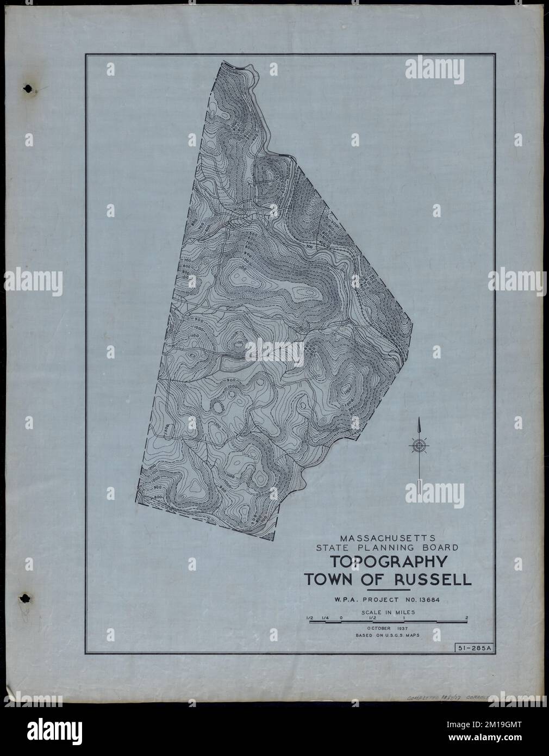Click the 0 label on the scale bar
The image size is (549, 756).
[x=341, y=617]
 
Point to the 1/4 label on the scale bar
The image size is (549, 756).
[x=326, y=617]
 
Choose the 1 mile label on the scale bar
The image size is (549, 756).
[x=404, y=617]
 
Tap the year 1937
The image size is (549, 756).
[x=402, y=628]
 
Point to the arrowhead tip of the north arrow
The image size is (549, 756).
[x=419, y=419]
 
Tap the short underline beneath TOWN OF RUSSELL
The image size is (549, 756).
[x=389, y=590]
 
